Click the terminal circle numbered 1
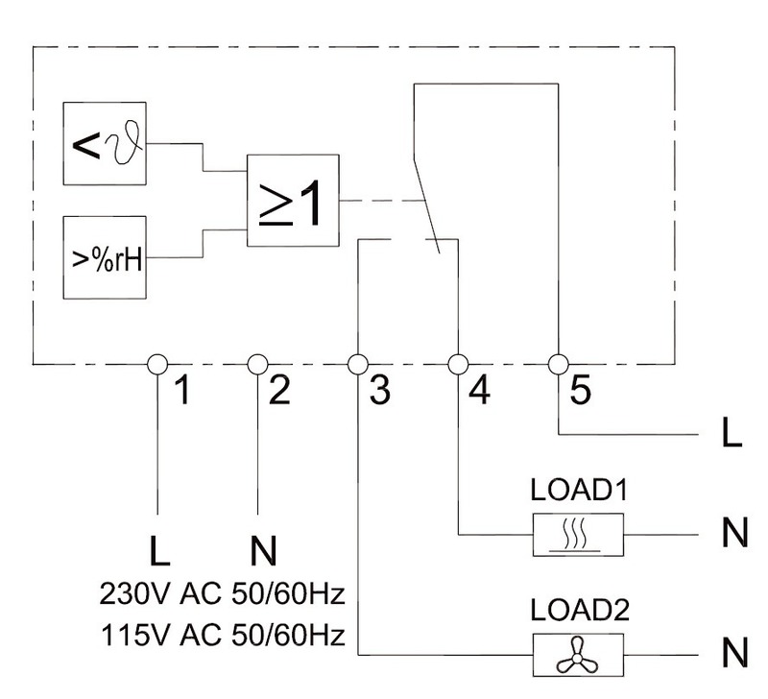coord(157,365)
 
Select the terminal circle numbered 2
coord(257,365)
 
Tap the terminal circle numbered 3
coord(358,365)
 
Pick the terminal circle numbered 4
coord(459,365)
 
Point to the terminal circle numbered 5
coord(559,365)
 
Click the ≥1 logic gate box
coord(293,201)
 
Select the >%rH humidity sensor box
coord(105,257)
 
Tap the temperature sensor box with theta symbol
coord(105,143)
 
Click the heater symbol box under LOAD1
coord(578,535)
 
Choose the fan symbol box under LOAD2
coord(578,655)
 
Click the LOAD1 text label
coord(579,490)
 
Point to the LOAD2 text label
coord(580,611)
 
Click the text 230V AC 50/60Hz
coord(223,593)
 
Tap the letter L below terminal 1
coord(158,550)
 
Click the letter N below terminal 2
coord(263,550)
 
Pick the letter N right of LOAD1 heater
coord(734,533)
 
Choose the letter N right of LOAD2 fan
coord(734,653)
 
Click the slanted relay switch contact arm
coord(426,205)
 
